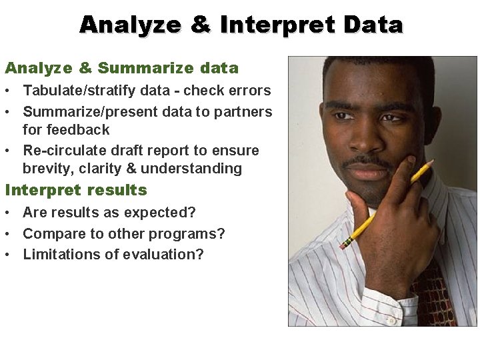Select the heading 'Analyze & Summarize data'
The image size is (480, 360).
tap(121, 68)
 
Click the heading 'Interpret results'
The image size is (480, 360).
tap(76, 190)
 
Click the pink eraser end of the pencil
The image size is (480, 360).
tap(343, 245)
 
